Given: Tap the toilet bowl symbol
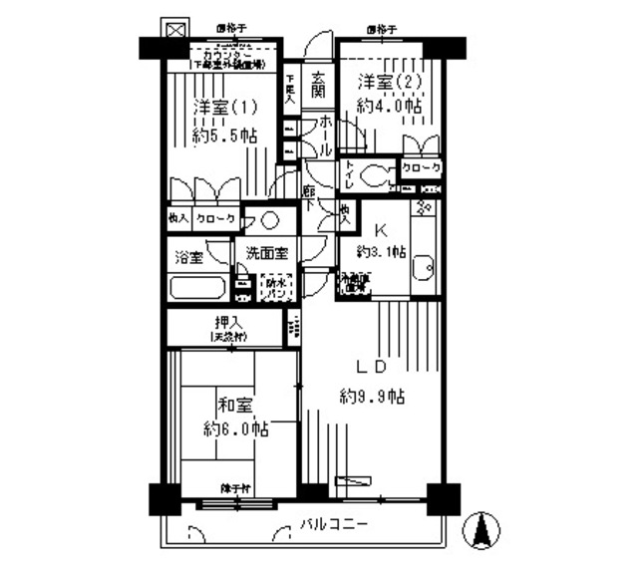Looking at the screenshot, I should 377,175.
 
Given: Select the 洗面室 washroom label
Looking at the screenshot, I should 266,254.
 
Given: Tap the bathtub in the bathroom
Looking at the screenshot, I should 199,289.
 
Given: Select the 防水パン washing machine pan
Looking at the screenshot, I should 275,287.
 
